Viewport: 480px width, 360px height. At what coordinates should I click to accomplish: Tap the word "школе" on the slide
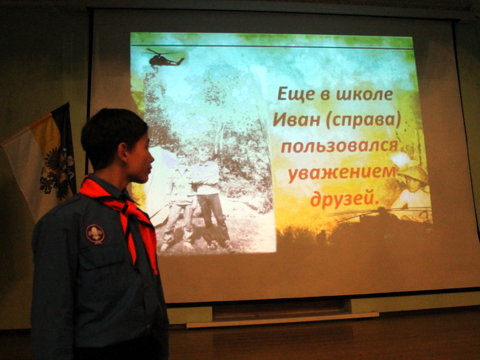coord(364,94)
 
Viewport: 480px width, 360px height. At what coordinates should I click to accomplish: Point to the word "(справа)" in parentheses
coord(363,121)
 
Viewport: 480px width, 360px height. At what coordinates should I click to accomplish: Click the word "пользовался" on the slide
coord(340,146)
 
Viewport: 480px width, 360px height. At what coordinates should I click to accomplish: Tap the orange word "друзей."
coord(344,199)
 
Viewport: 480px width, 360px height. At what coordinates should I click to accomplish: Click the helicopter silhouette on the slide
coord(164,58)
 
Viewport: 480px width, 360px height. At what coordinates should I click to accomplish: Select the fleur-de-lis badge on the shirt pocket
coord(95,234)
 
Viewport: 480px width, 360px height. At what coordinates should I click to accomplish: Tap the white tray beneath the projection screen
coord(282,319)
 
